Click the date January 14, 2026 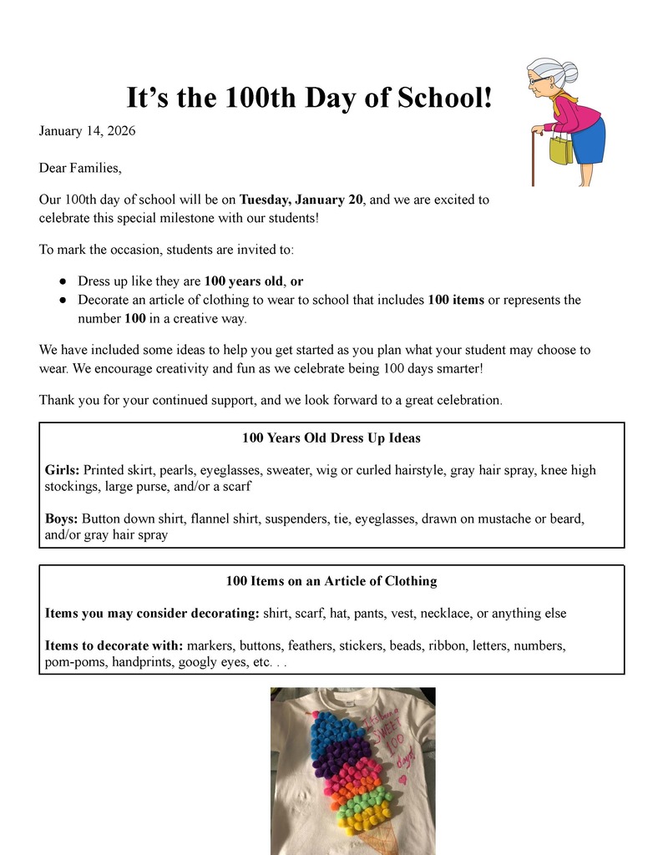[x=88, y=131]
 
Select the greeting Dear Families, [x=80, y=168]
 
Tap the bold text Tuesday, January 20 [x=301, y=200]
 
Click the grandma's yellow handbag [x=560, y=150]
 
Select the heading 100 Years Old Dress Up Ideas [x=331, y=438]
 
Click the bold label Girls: [x=63, y=470]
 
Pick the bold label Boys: [x=62, y=519]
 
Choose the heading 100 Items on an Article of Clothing [x=331, y=581]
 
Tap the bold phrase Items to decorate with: [x=114, y=645]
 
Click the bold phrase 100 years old [x=244, y=281]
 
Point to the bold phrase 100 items [x=456, y=300]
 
